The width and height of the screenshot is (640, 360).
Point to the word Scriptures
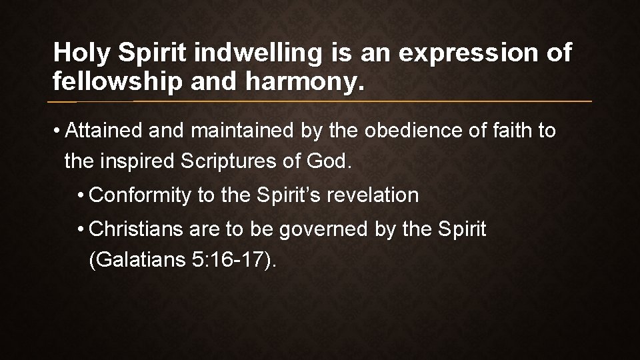pos(235,161)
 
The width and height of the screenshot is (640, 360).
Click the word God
pos(330,161)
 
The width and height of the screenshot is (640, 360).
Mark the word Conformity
pos(140,195)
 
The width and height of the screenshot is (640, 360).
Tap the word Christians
pos(136,229)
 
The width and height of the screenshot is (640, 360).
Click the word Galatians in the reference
pos(135,260)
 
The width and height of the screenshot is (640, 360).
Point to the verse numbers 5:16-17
pos(228,260)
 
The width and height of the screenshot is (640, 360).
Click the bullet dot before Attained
pos(59,131)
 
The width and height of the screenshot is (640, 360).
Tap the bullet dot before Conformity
pos(80,196)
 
